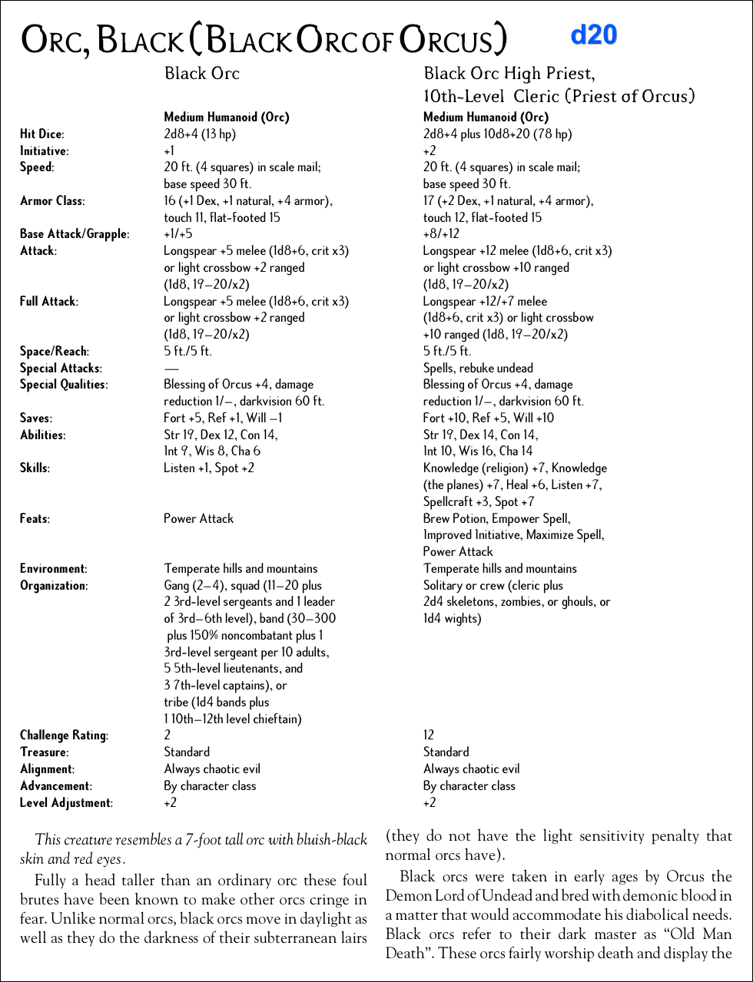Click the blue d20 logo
click(594, 35)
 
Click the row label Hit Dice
click(41, 134)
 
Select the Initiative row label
click(44, 151)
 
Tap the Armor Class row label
click(52, 201)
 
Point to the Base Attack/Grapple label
click(75, 234)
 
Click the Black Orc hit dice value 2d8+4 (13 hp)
click(200, 134)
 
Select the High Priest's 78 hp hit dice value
click(497, 134)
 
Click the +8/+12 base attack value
click(441, 234)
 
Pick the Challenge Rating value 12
click(429, 736)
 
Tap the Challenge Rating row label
click(64, 736)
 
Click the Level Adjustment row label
click(66, 803)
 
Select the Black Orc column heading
click(202, 74)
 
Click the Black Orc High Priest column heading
click(509, 74)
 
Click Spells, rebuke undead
click(478, 369)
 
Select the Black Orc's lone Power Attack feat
click(198, 519)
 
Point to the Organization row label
click(54, 586)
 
